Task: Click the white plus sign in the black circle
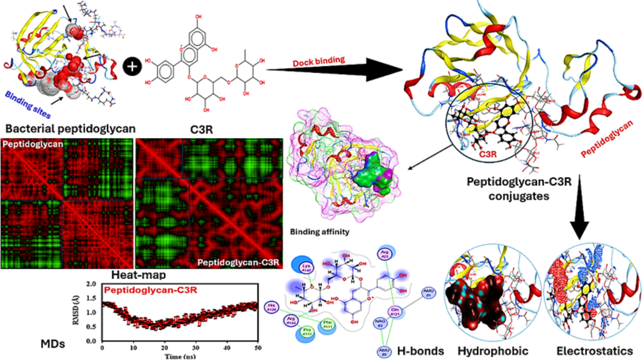131,67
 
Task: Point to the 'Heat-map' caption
134,275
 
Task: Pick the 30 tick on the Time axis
196,347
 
